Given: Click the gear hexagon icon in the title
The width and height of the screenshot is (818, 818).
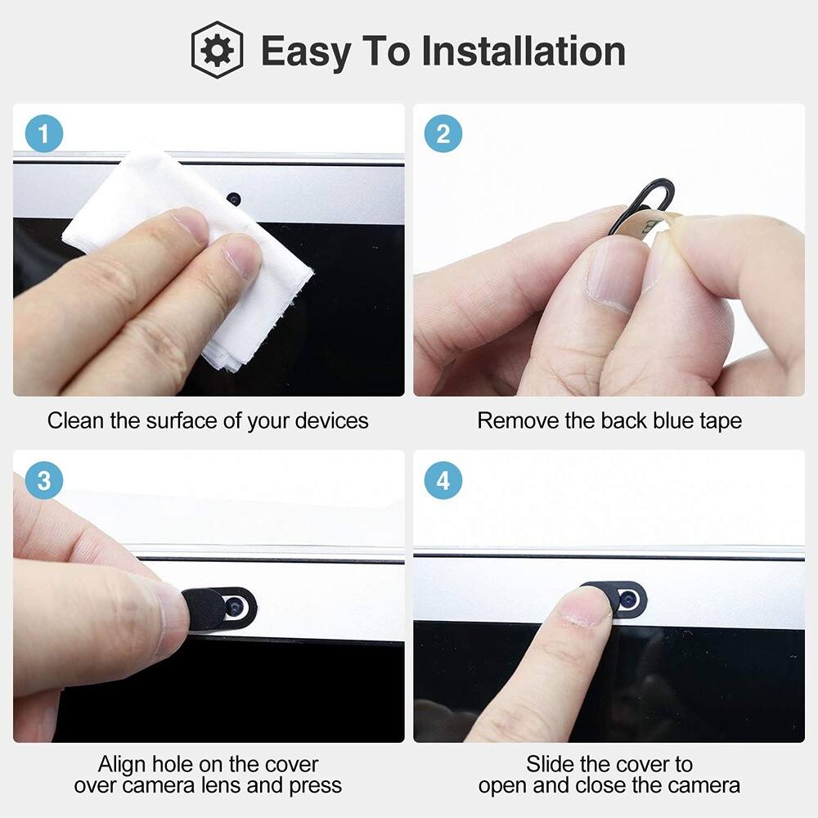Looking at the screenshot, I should pos(217,50).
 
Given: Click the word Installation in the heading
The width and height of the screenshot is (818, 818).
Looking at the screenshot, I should pos(524,51).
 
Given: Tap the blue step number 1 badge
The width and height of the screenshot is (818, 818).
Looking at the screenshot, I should pos(43,134).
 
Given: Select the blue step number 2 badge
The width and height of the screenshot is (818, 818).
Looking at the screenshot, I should pos(443,134).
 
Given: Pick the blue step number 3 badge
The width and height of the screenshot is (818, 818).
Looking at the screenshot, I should pos(43,481).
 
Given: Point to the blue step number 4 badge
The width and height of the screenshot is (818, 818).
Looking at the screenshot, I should pos(443,481).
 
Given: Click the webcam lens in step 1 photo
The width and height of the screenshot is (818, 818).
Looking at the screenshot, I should pos(233,199).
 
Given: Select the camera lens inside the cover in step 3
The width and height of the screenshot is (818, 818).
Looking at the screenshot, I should pos(236,607).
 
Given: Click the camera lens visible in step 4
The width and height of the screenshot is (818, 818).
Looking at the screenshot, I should pos(628,600).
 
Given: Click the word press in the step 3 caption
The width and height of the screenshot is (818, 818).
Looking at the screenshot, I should pos(315,786).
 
